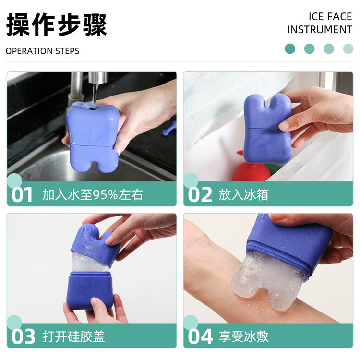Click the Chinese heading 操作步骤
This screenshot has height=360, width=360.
click(x=56, y=25)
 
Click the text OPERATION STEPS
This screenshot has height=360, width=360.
click(x=43, y=51)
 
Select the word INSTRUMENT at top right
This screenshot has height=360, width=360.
click(x=319, y=30)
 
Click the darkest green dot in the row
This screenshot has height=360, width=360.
click(x=289, y=48)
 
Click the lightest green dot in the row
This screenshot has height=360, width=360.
click(x=348, y=48)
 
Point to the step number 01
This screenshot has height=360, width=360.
click(x=23, y=195)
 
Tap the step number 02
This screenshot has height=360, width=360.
click(x=200, y=195)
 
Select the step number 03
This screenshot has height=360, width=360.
click(x=23, y=336)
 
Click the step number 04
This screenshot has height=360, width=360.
click(x=200, y=336)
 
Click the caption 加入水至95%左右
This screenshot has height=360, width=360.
click(x=93, y=195)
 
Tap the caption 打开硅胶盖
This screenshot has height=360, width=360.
click(x=73, y=336)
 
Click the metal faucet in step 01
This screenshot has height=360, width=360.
click(x=77, y=89)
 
